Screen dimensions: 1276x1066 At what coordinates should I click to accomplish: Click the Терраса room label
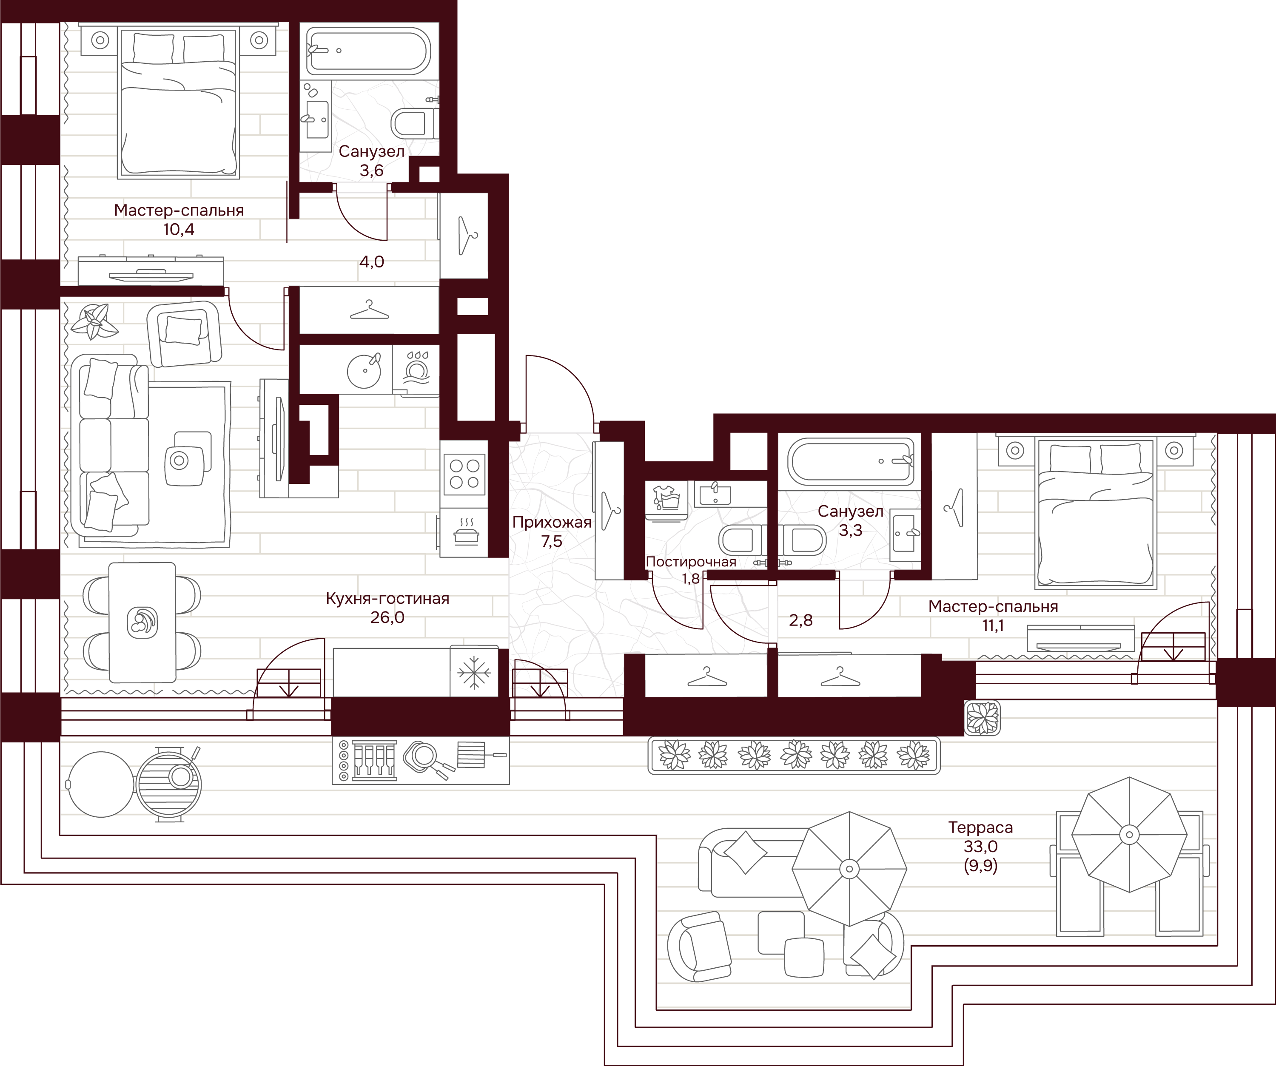pos(980,827)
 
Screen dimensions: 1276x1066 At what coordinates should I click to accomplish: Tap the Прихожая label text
pos(552,523)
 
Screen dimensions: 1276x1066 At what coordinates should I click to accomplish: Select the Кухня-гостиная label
pos(387,598)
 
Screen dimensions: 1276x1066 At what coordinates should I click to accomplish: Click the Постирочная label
pos(691,562)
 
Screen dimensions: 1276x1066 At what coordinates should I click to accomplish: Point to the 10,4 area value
pos(179,230)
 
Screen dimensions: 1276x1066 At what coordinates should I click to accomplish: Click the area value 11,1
pos(993,625)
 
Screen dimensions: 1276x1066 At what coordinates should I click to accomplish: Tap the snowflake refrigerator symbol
pos(474,672)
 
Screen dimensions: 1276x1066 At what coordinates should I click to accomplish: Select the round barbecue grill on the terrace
pos(168,784)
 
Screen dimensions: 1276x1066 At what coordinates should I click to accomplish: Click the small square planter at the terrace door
pos(983,717)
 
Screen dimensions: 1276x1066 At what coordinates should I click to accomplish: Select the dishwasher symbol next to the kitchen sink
pos(416,370)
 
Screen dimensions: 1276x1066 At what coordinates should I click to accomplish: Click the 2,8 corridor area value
pos(801,620)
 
